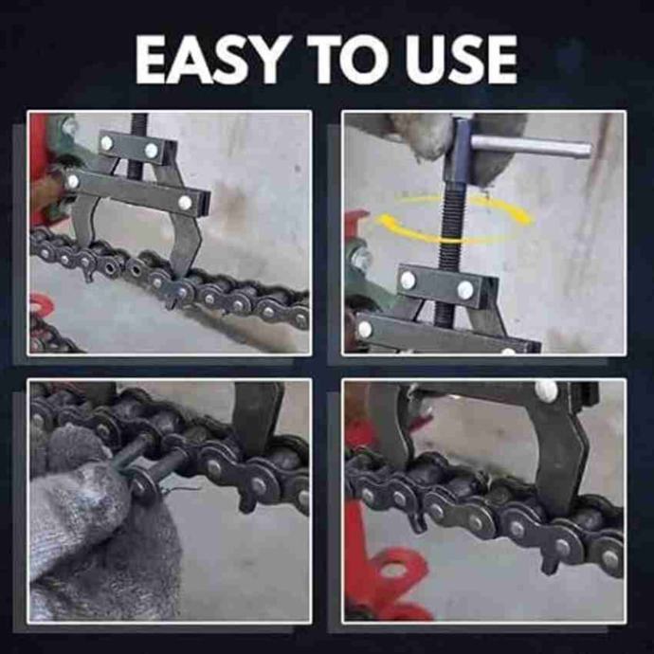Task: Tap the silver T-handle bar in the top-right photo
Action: coord(531,146)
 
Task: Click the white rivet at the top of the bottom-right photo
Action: coord(546,390)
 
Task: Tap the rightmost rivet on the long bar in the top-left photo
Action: coord(185,202)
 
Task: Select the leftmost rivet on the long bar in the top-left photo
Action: coord(73,181)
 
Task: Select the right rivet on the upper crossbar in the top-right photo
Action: coord(465,289)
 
